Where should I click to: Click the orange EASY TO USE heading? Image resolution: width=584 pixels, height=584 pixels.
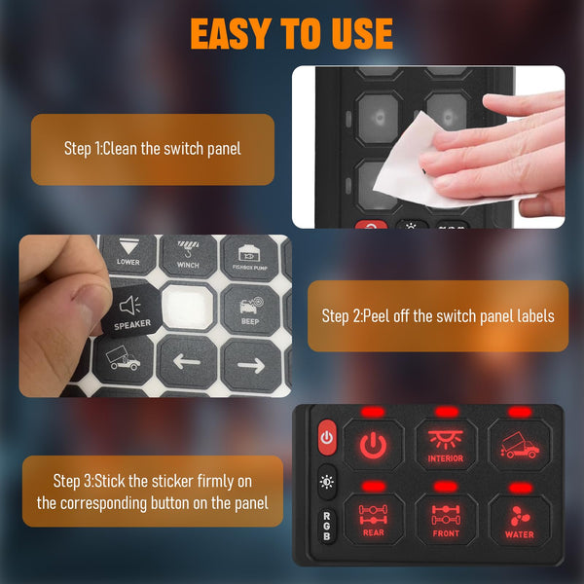pos(291,34)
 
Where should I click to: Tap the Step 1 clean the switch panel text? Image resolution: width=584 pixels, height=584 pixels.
pos(153,149)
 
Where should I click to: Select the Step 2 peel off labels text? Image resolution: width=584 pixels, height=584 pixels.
pos(438,316)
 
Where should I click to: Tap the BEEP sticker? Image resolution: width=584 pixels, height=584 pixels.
pos(249,309)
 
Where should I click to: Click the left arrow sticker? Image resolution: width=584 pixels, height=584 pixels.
pos(187,365)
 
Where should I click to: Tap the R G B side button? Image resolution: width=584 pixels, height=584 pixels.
pos(326,527)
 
